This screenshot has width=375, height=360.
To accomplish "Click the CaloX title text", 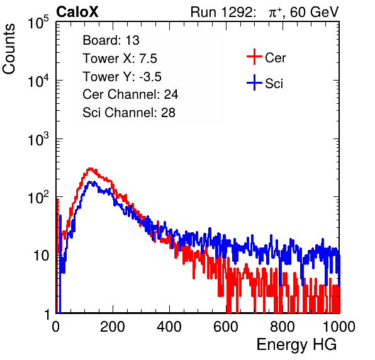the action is point(77,12).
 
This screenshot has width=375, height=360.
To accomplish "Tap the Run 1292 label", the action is point(221,12).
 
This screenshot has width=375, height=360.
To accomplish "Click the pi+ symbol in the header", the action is point(275,13).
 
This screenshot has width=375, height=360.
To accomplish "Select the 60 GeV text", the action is point(314,12).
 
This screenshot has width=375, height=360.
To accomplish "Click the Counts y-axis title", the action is point(9,48).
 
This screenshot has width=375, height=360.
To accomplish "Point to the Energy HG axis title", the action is point(296,345).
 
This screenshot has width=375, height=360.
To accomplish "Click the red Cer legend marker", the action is point(254,57).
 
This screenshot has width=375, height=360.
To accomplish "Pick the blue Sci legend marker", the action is point(254,82).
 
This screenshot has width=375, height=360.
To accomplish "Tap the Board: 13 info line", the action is point(111,40).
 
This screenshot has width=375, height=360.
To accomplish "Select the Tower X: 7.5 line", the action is point(120,59).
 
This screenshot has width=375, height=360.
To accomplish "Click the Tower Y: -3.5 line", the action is point(122,77).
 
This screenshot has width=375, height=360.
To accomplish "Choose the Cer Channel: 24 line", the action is point(130,94).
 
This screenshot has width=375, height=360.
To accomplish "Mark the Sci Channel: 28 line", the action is point(129,113).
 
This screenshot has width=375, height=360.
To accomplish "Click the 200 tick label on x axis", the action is point(113,327).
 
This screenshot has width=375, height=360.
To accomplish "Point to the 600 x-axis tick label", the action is point(226,327).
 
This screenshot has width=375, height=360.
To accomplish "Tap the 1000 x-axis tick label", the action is point(339,327).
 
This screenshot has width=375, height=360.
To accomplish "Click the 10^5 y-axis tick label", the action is point(38,23).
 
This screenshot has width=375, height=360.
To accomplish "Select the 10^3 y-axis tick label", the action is point(38,140).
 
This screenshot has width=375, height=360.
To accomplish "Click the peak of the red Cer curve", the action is point(90,169).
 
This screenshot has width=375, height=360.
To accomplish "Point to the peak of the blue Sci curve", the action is point(91,182).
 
